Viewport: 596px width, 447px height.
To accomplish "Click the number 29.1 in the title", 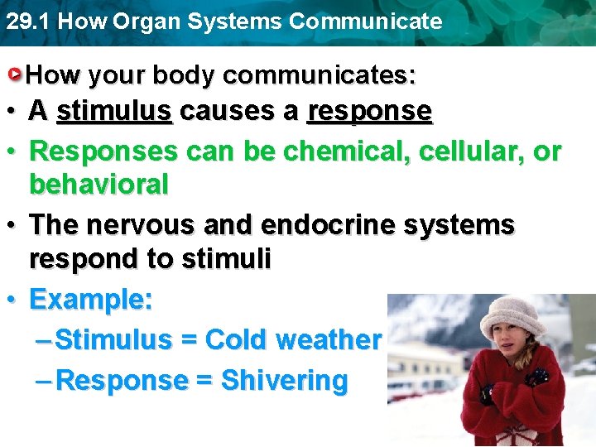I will click(x=26, y=22).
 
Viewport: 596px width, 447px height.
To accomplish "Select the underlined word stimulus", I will click(x=114, y=111).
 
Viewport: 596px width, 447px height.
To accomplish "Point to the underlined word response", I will click(x=369, y=111).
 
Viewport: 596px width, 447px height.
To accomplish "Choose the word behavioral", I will click(x=99, y=185).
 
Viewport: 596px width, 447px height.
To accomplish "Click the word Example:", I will click(x=91, y=300).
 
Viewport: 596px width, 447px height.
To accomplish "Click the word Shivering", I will click(x=285, y=381).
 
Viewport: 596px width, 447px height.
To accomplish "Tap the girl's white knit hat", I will click(x=512, y=314).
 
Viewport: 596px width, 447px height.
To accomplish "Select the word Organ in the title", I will click(x=151, y=22).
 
